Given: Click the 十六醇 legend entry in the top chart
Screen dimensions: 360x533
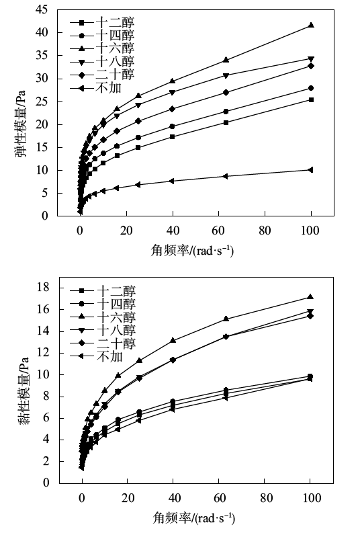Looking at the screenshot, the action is click(x=102, y=48).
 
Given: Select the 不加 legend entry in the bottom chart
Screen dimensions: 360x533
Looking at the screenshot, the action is click(x=96, y=356).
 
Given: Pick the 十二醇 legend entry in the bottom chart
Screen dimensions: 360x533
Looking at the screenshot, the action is click(x=103, y=290).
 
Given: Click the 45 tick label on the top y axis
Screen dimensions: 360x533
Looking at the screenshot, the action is click(x=42, y=9).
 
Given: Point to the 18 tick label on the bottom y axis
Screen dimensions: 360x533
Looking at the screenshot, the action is click(x=43, y=287).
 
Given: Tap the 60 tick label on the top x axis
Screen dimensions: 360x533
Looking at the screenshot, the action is click(x=218, y=231).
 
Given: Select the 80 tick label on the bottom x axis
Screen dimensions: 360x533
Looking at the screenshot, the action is click(x=266, y=498).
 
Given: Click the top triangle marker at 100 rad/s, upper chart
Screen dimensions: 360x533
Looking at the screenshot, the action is click(x=311, y=25).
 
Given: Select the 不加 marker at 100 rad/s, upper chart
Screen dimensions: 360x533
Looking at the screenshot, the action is click(x=310, y=170).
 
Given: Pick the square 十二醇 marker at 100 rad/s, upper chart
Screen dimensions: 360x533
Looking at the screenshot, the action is click(x=311, y=99).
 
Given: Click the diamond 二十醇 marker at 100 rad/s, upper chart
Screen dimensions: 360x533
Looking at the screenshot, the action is click(x=311, y=66).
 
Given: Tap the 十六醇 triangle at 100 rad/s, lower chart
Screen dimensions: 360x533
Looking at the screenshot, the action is click(x=310, y=297).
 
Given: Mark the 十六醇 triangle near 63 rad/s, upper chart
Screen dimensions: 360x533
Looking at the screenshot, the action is click(x=226, y=60).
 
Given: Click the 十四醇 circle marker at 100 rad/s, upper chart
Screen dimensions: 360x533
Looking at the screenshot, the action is click(x=311, y=88).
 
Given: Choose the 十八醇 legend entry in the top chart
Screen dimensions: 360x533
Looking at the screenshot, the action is click(x=102, y=62).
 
